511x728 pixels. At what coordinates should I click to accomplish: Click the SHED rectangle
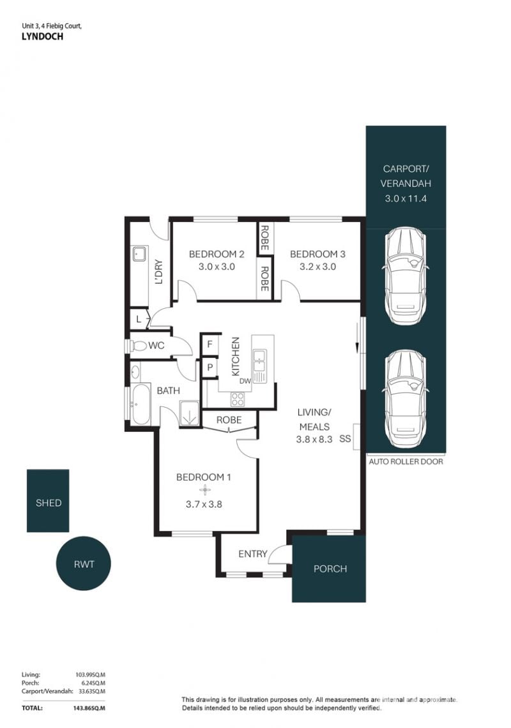pyautogui.click(x=48, y=500)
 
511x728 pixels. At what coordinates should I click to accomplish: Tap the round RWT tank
pyautogui.click(x=84, y=563)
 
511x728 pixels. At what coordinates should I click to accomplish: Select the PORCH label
pyautogui.click(x=330, y=568)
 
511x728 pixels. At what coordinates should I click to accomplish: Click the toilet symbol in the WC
pyautogui.click(x=137, y=345)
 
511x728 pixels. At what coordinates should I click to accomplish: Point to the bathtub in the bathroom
pyautogui.click(x=140, y=403)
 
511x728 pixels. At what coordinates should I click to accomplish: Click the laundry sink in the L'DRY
pyautogui.click(x=139, y=253)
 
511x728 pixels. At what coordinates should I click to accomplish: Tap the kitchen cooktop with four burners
pyautogui.click(x=238, y=399)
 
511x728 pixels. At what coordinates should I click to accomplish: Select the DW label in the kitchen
pyautogui.click(x=245, y=381)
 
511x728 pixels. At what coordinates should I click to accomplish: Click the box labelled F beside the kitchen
pyautogui.click(x=210, y=345)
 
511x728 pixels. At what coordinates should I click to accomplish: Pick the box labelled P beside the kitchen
pyautogui.click(x=210, y=368)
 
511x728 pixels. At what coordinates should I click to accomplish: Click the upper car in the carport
pyautogui.click(x=404, y=276)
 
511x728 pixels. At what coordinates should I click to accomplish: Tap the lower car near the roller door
pyautogui.click(x=404, y=399)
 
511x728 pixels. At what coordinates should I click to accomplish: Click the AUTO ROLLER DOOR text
pyautogui.click(x=406, y=461)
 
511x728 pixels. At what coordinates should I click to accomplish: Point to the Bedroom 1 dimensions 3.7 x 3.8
pyautogui.click(x=204, y=504)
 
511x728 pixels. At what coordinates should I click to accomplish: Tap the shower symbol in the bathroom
pyautogui.click(x=189, y=413)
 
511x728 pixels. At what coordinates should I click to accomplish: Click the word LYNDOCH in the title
pyautogui.click(x=42, y=36)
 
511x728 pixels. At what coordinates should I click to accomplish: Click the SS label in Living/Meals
pyautogui.click(x=345, y=438)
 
